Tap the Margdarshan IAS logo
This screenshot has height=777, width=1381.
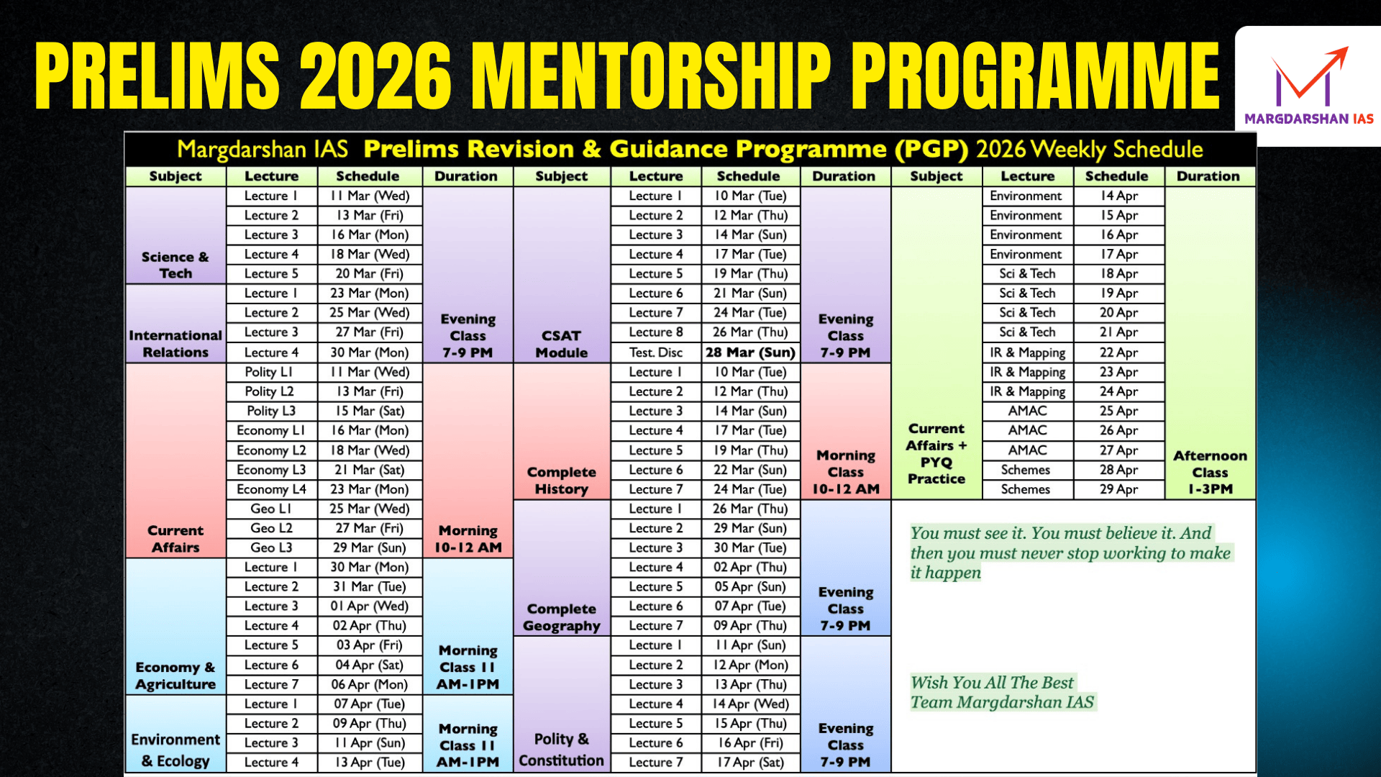pos(1308,86)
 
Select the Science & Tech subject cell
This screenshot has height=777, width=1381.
pos(176,265)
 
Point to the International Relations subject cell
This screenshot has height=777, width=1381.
pos(176,344)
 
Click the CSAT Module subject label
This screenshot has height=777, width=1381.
pos(561,344)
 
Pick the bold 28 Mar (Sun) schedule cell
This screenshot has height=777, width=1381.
pos(750,353)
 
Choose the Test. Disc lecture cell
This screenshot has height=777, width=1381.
pos(655,353)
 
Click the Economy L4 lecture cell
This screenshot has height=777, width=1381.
pos(271,489)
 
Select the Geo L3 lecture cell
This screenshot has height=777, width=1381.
pos(271,547)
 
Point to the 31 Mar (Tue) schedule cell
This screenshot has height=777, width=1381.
pos(369,587)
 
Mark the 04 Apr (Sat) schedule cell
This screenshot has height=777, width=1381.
pos(369,665)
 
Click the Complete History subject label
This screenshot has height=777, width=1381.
pos(561,481)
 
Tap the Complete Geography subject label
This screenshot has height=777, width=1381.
pos(561,617)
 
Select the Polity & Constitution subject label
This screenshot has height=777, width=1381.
pos(561,750)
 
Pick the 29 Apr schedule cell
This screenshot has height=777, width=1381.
pos(1118,489)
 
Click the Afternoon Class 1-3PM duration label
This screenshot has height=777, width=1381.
pos(1210,472)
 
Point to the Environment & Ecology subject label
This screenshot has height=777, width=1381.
pos(176,750)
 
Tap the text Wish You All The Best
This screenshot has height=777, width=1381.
pos(992,682)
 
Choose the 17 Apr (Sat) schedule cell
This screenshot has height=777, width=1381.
pos(750,762)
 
